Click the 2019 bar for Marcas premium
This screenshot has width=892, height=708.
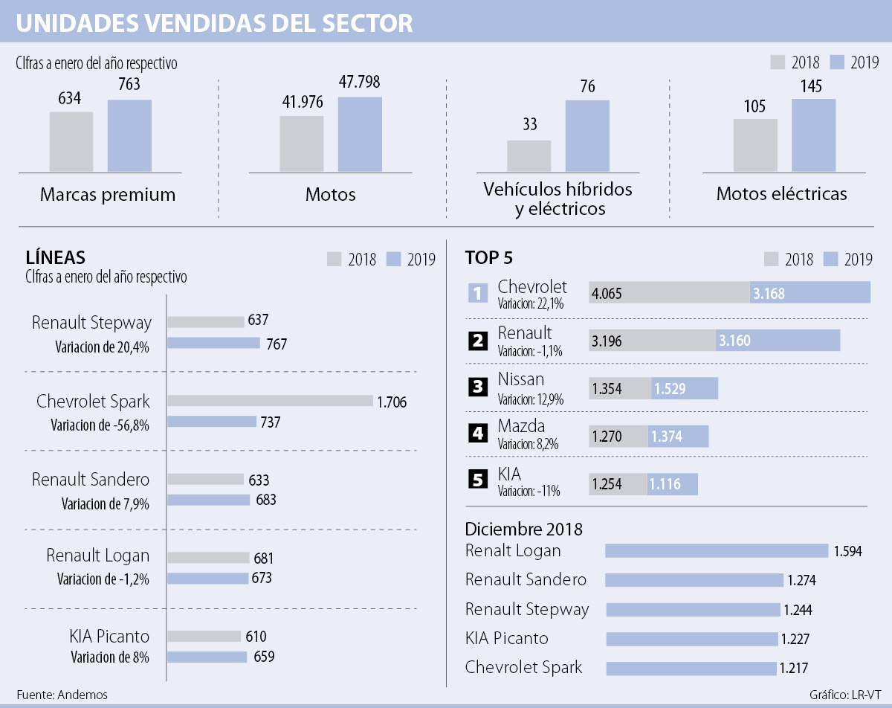pos(129,135)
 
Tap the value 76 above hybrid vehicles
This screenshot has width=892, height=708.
pos(587,86)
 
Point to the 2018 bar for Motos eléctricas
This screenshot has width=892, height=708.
pos(755,145)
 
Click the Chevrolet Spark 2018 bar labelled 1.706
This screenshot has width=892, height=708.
pos(269,401)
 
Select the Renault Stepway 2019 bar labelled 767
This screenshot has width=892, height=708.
pos(213,344)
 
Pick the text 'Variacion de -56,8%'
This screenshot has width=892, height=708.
pos(100,425)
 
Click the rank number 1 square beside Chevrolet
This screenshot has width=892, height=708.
pos(477,293)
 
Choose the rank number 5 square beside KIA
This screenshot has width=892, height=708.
pos(477,480)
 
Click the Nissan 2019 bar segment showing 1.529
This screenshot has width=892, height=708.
pos(685,389)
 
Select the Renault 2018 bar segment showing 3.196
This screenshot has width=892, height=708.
pos(652,341)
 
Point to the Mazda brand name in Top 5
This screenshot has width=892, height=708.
pos(521,426)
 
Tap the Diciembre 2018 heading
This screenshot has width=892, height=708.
pos(523,529)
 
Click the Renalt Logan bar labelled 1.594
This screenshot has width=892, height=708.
pos(717,551)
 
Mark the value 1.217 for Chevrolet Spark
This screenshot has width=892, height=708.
pos(792,669)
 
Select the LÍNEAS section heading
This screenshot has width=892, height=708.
pos(55,258)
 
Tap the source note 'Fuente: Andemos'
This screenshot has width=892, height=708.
pos(62,695)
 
